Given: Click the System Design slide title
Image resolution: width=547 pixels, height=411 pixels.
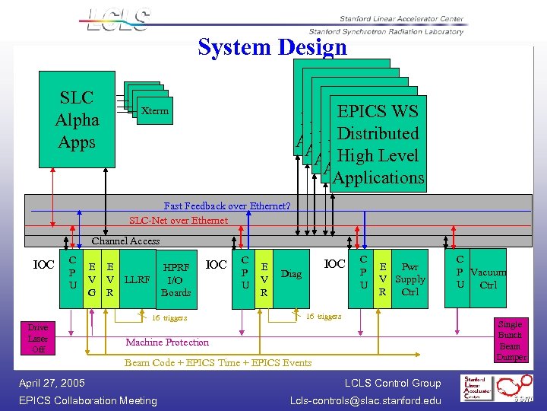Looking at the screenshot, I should coord(272,47).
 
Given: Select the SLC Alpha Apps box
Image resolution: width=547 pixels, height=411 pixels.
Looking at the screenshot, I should coord(77,119).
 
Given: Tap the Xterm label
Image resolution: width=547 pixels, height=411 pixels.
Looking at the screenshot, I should coord(155,112).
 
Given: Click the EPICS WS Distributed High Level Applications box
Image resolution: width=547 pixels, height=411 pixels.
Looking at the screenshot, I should coord(378,145).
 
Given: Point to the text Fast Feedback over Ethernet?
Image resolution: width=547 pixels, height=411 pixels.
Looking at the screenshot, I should coord(227,205).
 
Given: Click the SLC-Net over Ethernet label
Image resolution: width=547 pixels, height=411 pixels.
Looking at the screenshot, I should coord(178,220).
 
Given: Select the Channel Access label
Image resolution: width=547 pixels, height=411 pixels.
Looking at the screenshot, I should coord(125,241).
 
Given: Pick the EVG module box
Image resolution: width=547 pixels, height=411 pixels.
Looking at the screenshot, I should coord(92,279).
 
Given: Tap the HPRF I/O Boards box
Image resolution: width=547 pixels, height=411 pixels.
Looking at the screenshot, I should coord(176,279).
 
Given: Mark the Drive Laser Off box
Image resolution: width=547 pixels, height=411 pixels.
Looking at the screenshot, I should coord(38,339).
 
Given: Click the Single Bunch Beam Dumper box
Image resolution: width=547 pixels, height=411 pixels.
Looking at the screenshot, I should coord(510,341).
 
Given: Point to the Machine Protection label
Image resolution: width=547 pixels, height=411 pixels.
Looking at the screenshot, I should coord(166,342).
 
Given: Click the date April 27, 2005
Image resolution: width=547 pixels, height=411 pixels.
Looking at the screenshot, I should coord(51,383).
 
